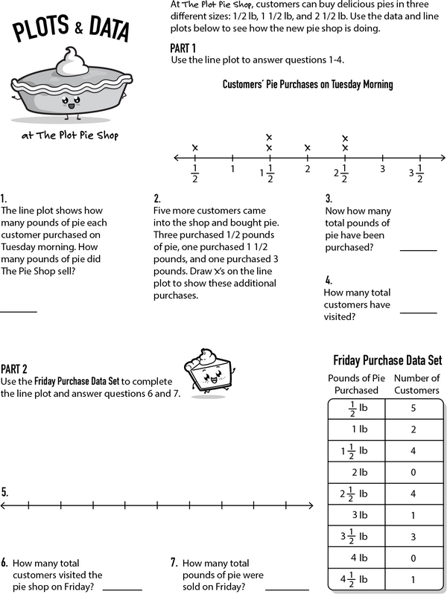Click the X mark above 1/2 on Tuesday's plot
click(195, 148)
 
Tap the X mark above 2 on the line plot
click(307, 148)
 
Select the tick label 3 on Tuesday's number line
click(382, 170)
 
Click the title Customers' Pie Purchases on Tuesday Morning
click(308, 85)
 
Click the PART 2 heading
click(14, 368)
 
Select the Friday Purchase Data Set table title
click(387, 360)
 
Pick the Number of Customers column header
click(416, 384)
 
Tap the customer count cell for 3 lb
click(413, 515)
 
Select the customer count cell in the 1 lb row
click(413, 429)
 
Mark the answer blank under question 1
click(19, 311)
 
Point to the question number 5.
click(5, 492)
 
